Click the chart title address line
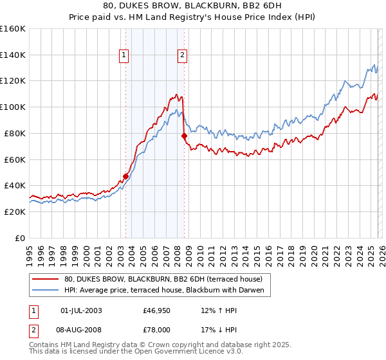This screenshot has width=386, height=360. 192,6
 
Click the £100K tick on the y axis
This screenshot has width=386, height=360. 13,107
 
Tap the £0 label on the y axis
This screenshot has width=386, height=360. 21,238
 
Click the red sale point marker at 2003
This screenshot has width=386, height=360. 125,176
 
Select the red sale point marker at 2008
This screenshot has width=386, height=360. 184,136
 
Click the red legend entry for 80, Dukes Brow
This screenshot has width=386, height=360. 163,279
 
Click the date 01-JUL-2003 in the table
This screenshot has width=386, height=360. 80,310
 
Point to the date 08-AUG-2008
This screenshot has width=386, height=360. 81,329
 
